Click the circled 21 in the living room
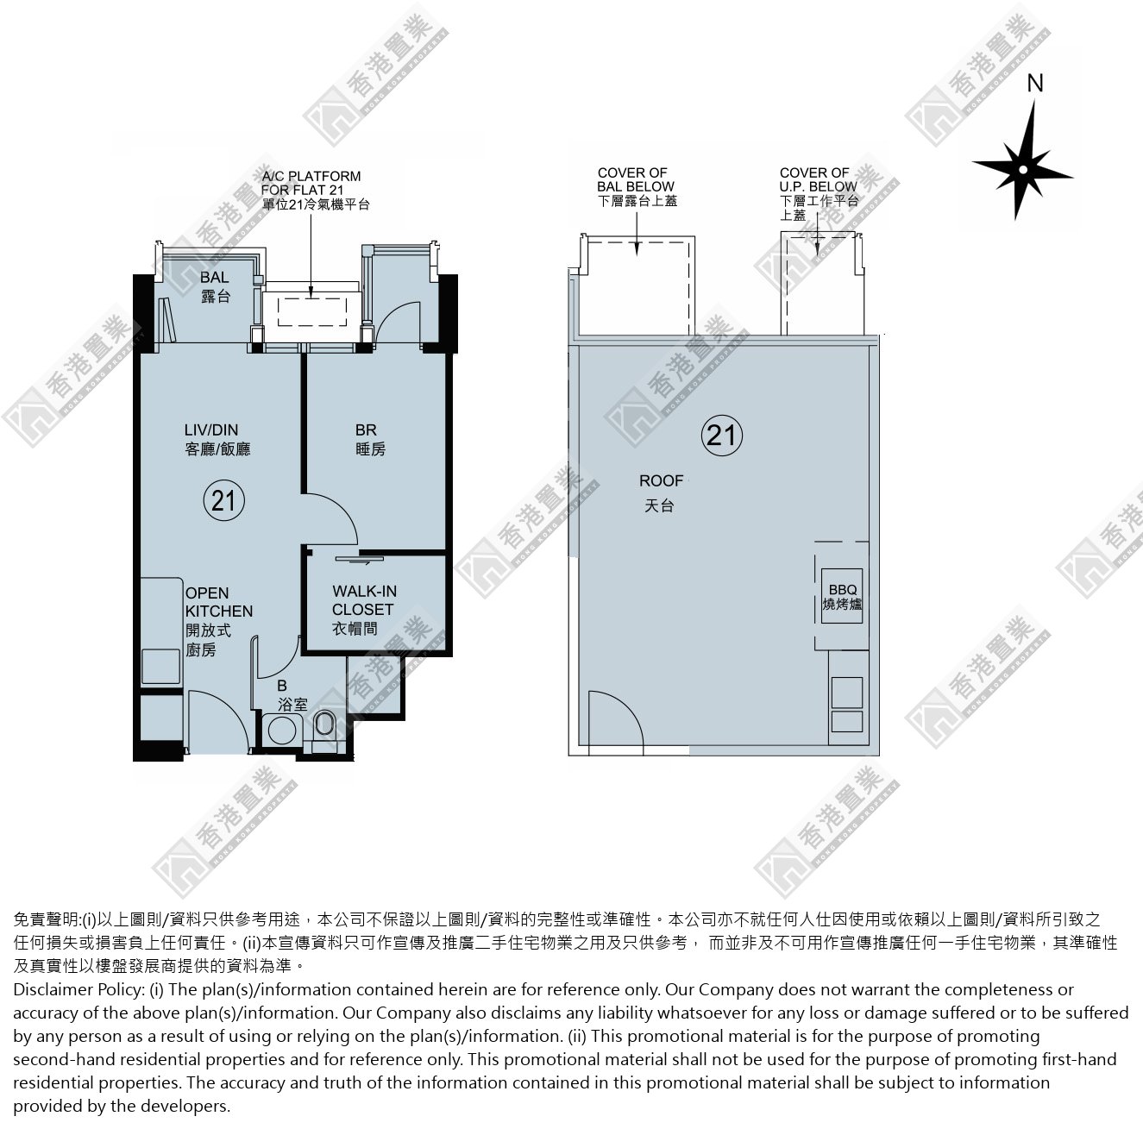(x=223, y=501)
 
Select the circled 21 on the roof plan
(x=721, y=436)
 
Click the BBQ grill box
(x=842, y=596)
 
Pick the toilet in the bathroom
(x=323, y=725)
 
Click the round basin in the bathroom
(x=281, y=731)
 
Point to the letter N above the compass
(x=1035, y=84)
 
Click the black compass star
(x=1022, y=168)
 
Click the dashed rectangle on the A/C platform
(x=312, y=312)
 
